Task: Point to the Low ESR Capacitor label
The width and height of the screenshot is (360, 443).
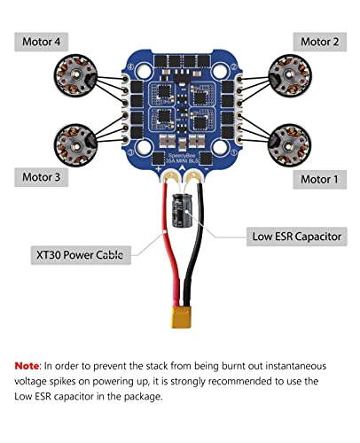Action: [x=294, y=237]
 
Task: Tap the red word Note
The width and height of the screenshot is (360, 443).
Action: [x=27, y=365]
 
